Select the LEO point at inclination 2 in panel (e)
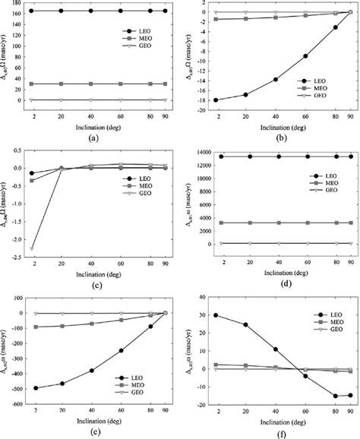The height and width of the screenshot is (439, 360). click(x=36, y=388)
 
